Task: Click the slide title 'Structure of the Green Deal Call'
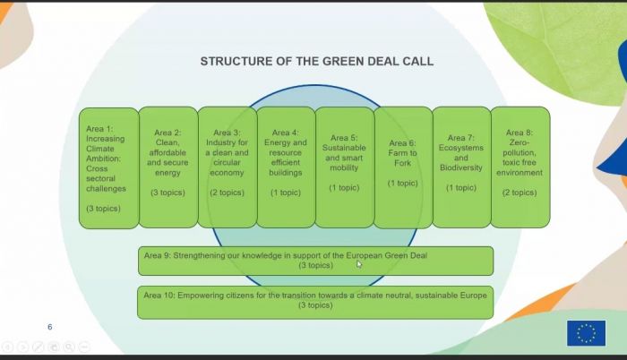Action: [x=317, y=61]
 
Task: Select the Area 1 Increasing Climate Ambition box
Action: [x=108, y=168]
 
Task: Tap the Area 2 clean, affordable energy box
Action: [x=168, y=167]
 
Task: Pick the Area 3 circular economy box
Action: [x=228, y=167]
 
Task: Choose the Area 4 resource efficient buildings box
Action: [x=286, y=167]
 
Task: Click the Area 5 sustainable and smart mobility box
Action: [x=345, y=167]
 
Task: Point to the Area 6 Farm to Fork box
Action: [x=403, y=167]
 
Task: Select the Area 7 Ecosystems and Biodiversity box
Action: [x=461, y=167]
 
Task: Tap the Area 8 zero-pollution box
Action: [x=520, y=167]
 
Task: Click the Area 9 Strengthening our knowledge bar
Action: [x=315, y=261]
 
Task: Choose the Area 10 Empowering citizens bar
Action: [x=315, y=303]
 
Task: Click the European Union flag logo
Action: [x=586, y=333]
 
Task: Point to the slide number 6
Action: [x=50, y=327]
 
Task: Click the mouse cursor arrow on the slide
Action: [x=358, y=264]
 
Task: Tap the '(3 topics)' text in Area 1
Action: [x=103, y=209]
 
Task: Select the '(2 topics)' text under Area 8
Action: [x=520, y=193]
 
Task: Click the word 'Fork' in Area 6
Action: [x=402, y=163]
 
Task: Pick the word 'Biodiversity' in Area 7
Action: [x=461, y=168]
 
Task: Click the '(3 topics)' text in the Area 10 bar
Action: [x=315, y=305]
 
